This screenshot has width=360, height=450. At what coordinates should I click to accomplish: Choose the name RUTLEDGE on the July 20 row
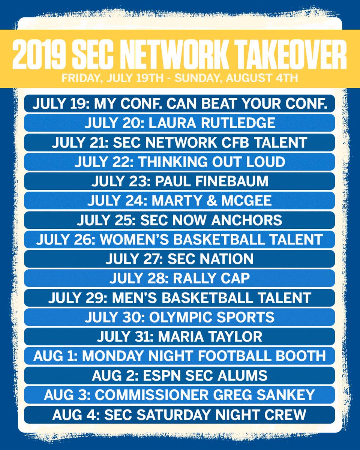point(238,123)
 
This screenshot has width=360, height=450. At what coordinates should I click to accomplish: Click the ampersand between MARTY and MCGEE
point(211,200)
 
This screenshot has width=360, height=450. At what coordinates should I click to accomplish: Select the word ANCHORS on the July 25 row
point(247,220)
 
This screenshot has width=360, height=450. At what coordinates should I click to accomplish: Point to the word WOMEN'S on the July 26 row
point(134,239)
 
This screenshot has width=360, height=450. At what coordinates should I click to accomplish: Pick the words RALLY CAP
point(211,278)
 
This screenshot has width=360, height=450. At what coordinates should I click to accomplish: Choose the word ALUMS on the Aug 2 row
point(243,375)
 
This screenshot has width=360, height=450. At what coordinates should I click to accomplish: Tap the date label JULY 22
point(104,162)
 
